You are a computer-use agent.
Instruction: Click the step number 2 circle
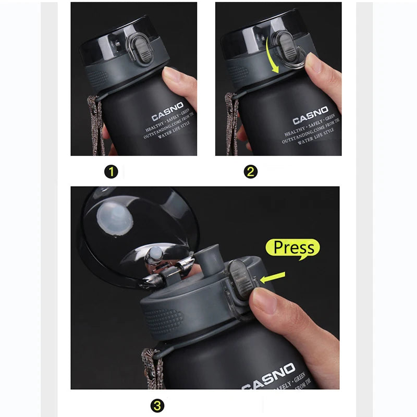click(x=251, y=171)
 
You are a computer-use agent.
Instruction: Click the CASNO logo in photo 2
click(x=310, y=115)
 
